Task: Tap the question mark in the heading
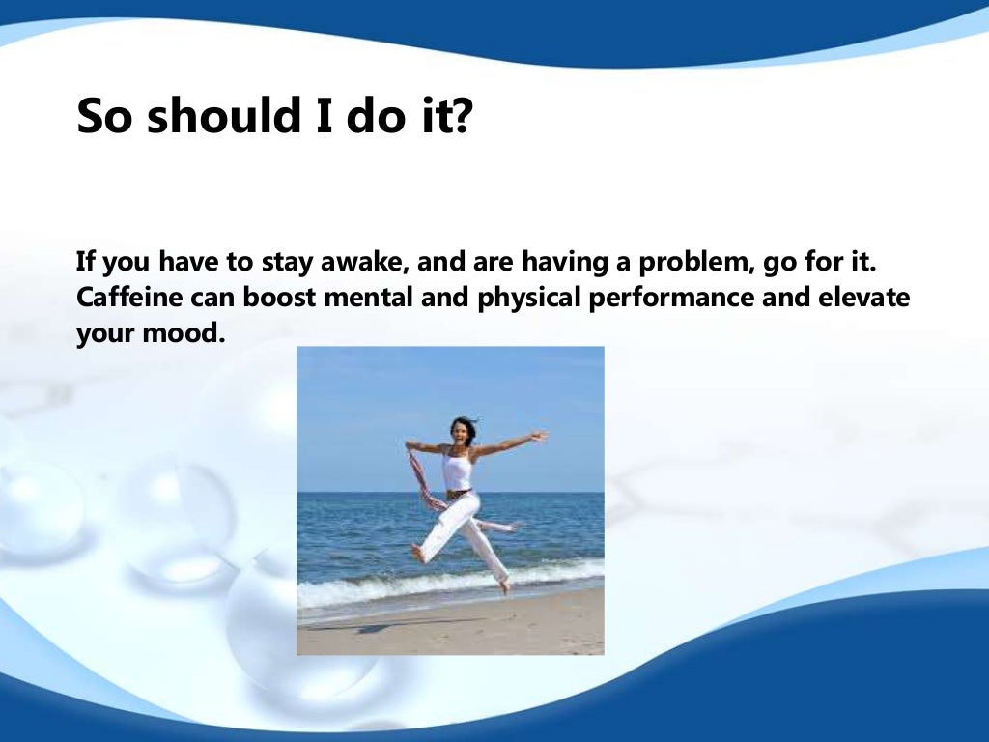460,116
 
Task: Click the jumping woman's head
463,430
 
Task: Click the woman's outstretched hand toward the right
539,437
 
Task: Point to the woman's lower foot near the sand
503,585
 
